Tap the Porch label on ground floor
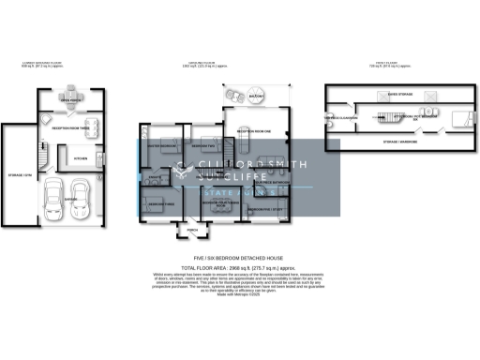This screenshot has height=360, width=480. [x=192, y=229]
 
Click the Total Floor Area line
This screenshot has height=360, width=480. [x=239, y=268]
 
